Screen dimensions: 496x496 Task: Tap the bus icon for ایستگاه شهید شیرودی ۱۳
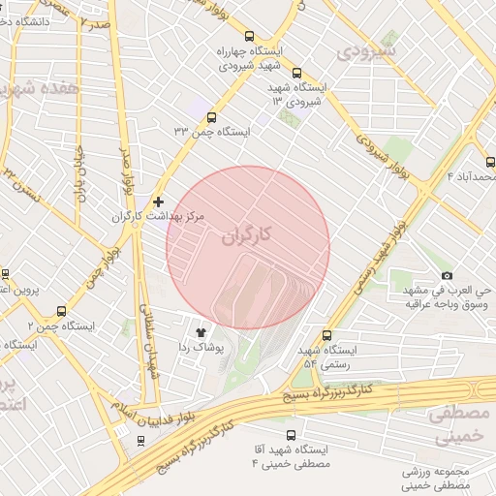295,72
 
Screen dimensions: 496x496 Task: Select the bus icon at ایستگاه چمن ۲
62,311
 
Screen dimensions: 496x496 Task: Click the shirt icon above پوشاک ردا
201,330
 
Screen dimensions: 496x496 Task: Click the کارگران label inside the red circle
247,235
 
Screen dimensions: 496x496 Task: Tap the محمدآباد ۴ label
470,175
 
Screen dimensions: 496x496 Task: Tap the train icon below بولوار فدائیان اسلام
142,441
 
